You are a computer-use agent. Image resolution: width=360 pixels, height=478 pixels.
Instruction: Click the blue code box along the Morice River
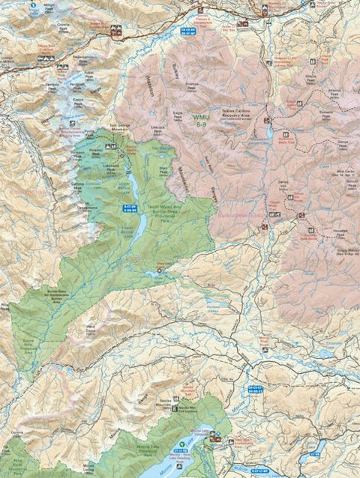(x=256, y=389)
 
